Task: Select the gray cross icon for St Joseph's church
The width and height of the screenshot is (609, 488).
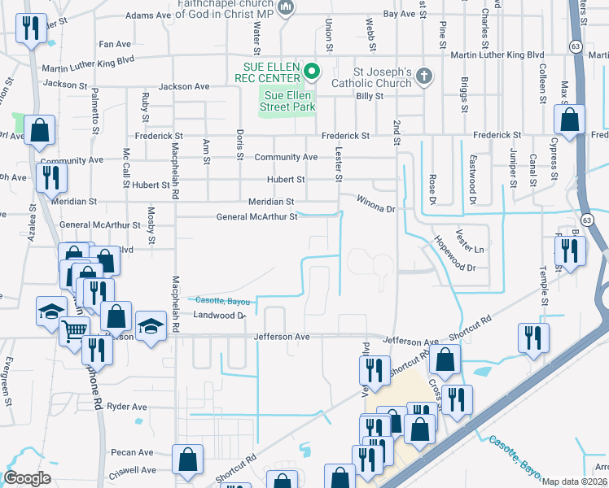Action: click(422, 77)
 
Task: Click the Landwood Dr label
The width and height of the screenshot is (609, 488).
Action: click(218, 315)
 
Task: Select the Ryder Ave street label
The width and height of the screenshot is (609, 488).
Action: click(126, 406)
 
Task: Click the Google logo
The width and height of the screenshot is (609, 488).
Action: click(27, 478)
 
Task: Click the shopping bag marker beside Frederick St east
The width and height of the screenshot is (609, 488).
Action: click(569, 119)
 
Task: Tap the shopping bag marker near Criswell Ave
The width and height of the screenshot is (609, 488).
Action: click(187, 458)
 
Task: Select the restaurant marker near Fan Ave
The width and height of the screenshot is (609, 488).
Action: click(30, 29)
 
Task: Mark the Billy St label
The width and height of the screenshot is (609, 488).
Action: click(370, 95)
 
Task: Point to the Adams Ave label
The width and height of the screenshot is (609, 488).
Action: click(149, 15)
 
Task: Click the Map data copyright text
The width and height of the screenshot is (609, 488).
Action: click(575, 481)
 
